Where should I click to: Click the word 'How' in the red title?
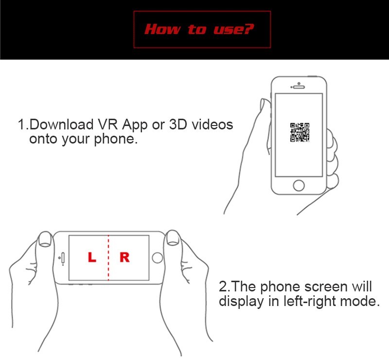click(162, 29)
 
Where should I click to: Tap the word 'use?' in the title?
click(234, 29)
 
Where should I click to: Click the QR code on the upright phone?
click(300, 132)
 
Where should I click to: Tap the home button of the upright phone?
click(299, 185)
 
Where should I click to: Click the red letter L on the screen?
click(92, 257)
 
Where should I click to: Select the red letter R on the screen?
click(124, 257)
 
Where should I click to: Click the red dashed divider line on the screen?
click(108, 258)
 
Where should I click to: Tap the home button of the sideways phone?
click(157, 258)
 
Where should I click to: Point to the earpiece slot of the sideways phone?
click(63, 258)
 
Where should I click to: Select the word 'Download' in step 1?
click(62, 124)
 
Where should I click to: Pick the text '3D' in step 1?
click(178, 124)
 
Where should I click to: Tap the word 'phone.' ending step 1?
click(116, 140)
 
